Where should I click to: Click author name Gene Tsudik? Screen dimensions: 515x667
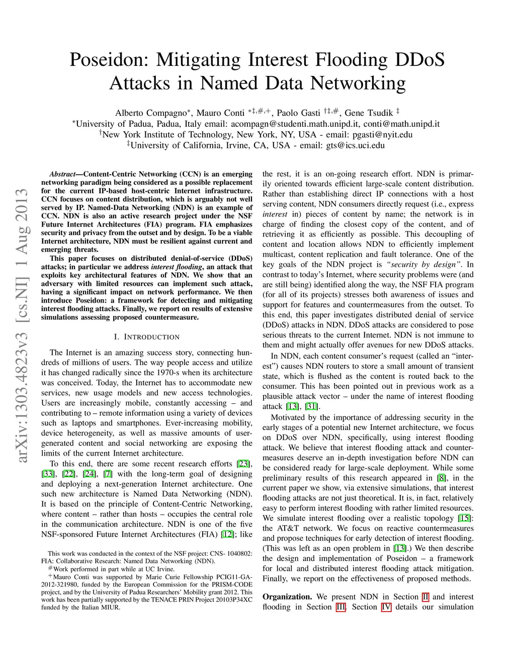click(x=369, y=113)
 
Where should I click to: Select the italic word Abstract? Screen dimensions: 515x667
click(x=62, y=174)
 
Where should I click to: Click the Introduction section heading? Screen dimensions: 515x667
click(x=147, y=337)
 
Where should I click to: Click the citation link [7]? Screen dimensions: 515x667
click(x=108, y=474)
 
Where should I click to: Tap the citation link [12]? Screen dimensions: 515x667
click(x=228, y=534)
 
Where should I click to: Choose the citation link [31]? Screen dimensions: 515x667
click(x=312, y=406)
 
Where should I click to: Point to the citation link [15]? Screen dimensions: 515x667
click(x=465, y=518)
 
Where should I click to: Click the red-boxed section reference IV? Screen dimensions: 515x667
click(x=386, y=608)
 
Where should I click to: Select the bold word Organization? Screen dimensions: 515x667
click(x=287, y=597)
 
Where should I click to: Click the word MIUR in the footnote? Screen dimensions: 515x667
click(x=110, y=607)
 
